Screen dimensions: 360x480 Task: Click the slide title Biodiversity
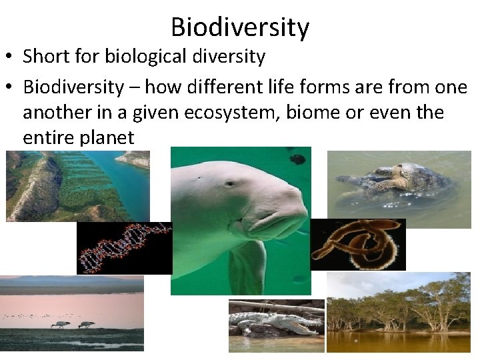[x=240, y=27]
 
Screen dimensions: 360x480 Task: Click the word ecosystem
[x=224, y=112]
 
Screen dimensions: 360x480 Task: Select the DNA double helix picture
[x=124, y=248]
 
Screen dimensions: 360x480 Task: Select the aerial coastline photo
[x=77, y=185]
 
